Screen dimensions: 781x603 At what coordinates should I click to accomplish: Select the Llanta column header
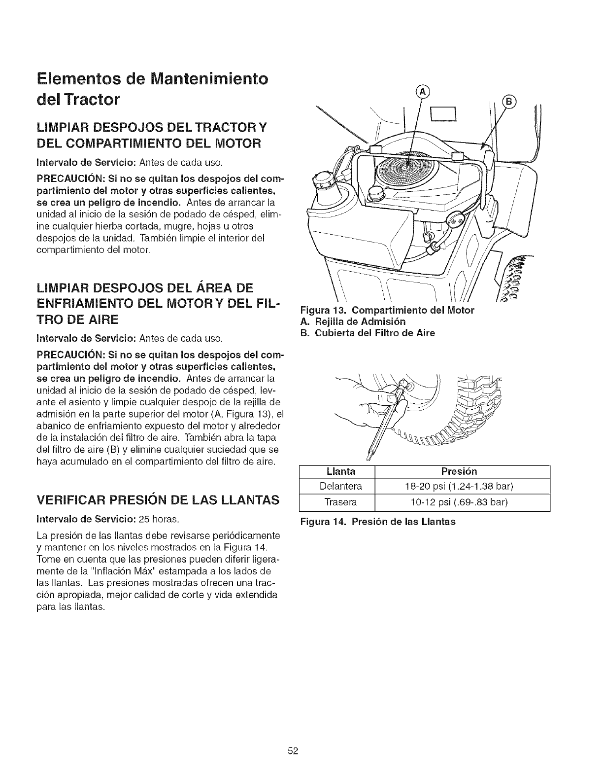(337, 471)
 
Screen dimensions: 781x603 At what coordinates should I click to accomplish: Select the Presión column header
(462, 471)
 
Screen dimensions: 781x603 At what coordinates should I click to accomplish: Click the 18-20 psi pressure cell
(462, 487)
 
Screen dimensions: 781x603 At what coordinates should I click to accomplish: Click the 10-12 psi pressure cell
(462, 502)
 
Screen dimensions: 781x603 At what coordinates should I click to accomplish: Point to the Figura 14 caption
(378, 521)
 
